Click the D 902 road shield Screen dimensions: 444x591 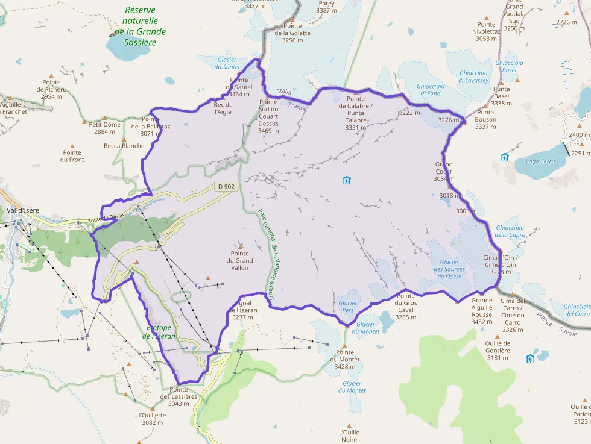tap(226, 187)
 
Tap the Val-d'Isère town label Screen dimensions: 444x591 tap(23, 210)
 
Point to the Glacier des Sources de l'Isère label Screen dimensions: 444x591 tap(450, 269)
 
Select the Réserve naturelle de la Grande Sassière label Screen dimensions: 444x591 tap(140, 26)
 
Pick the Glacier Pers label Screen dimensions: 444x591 tap(348, 307)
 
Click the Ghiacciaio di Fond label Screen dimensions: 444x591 tap(429, 90)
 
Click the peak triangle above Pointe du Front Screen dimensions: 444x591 tap(72, 145)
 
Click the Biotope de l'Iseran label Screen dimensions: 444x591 tap(159, 332)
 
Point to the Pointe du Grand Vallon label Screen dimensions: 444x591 tap(240, 261)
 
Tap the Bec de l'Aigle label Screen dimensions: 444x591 tap(223, 108)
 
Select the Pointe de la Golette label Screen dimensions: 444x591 tap(292, 33)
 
